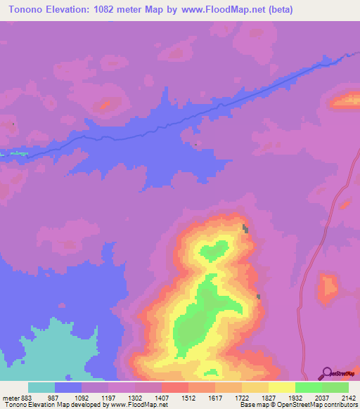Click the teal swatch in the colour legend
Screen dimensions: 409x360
[41, 387]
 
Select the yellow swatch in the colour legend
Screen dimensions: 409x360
[281, 387]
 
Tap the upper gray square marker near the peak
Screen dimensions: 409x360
[245, 228]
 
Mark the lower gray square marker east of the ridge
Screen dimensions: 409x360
[258, 297]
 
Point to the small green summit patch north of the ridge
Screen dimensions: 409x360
[213, 249]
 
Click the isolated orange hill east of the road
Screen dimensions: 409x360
[328, 288]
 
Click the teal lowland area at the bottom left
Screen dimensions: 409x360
[56, 355]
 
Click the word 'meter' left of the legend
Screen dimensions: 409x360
[9, 397]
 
